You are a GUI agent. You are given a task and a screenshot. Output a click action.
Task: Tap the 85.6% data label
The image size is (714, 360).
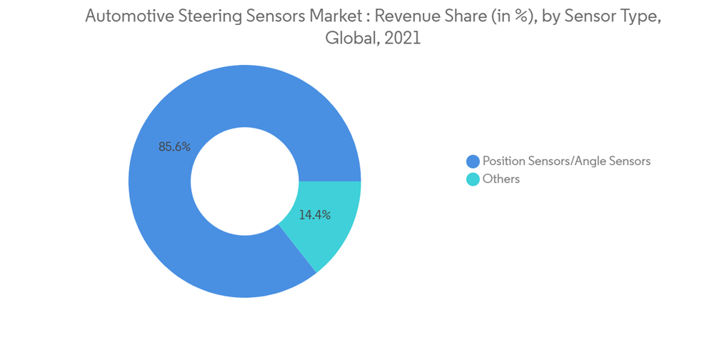pos(174,146)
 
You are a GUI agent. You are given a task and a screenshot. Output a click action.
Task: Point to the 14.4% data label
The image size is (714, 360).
pos(314,214)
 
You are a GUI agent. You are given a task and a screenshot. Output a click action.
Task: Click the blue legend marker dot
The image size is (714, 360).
pos(473,161)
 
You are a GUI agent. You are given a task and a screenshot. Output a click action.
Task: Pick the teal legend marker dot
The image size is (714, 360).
pos(473,179)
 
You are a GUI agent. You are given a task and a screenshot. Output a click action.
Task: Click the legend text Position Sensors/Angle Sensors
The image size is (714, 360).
pos(566,161)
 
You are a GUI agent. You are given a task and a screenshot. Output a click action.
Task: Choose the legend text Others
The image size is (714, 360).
pos(501,179)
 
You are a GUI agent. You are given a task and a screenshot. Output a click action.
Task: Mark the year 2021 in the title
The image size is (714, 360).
pos(403,39)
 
